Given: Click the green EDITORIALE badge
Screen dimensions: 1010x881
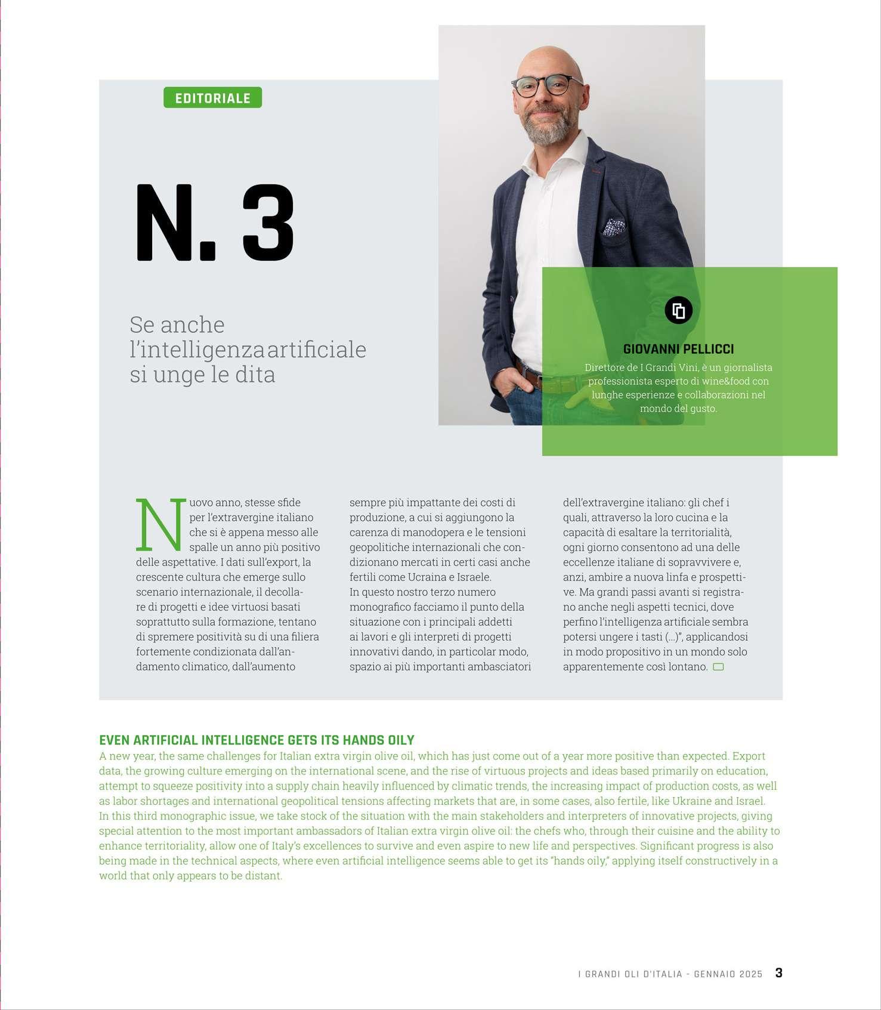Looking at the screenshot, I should pos(212,98).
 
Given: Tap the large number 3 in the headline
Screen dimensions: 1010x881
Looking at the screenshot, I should pos(268,223).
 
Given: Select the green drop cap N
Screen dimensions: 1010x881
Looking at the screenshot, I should pos(160,524).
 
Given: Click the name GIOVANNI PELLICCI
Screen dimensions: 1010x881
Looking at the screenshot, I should pos(678,349).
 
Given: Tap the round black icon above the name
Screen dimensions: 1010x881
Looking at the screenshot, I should pos(678,310).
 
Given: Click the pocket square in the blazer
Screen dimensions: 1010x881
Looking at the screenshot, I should pos(613,227).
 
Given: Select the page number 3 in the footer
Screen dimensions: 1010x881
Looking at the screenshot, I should pos(778,973).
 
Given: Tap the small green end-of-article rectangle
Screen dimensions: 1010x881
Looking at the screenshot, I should pos(718,666).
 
